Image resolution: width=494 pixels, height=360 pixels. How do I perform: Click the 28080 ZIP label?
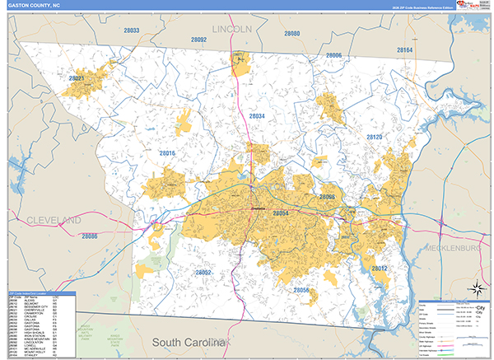(291, 34)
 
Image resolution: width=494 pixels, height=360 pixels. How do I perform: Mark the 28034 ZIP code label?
(257, 117)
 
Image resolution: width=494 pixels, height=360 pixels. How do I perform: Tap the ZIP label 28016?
(168, 153)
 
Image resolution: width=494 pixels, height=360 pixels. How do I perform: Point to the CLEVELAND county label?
(54, 221)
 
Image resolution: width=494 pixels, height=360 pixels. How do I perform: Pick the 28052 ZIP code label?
(203, 272)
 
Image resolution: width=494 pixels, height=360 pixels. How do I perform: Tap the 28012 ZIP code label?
(379, 269)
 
